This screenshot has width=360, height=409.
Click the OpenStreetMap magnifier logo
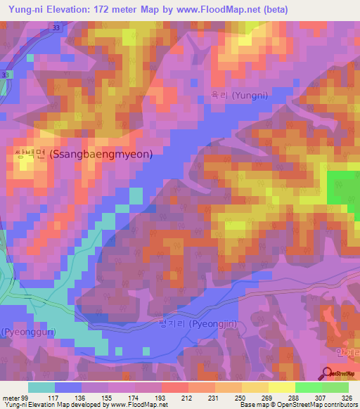tap(327, 374)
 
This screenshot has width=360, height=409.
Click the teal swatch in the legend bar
tap(41, 387)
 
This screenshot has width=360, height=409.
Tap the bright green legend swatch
tap(309, 387)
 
